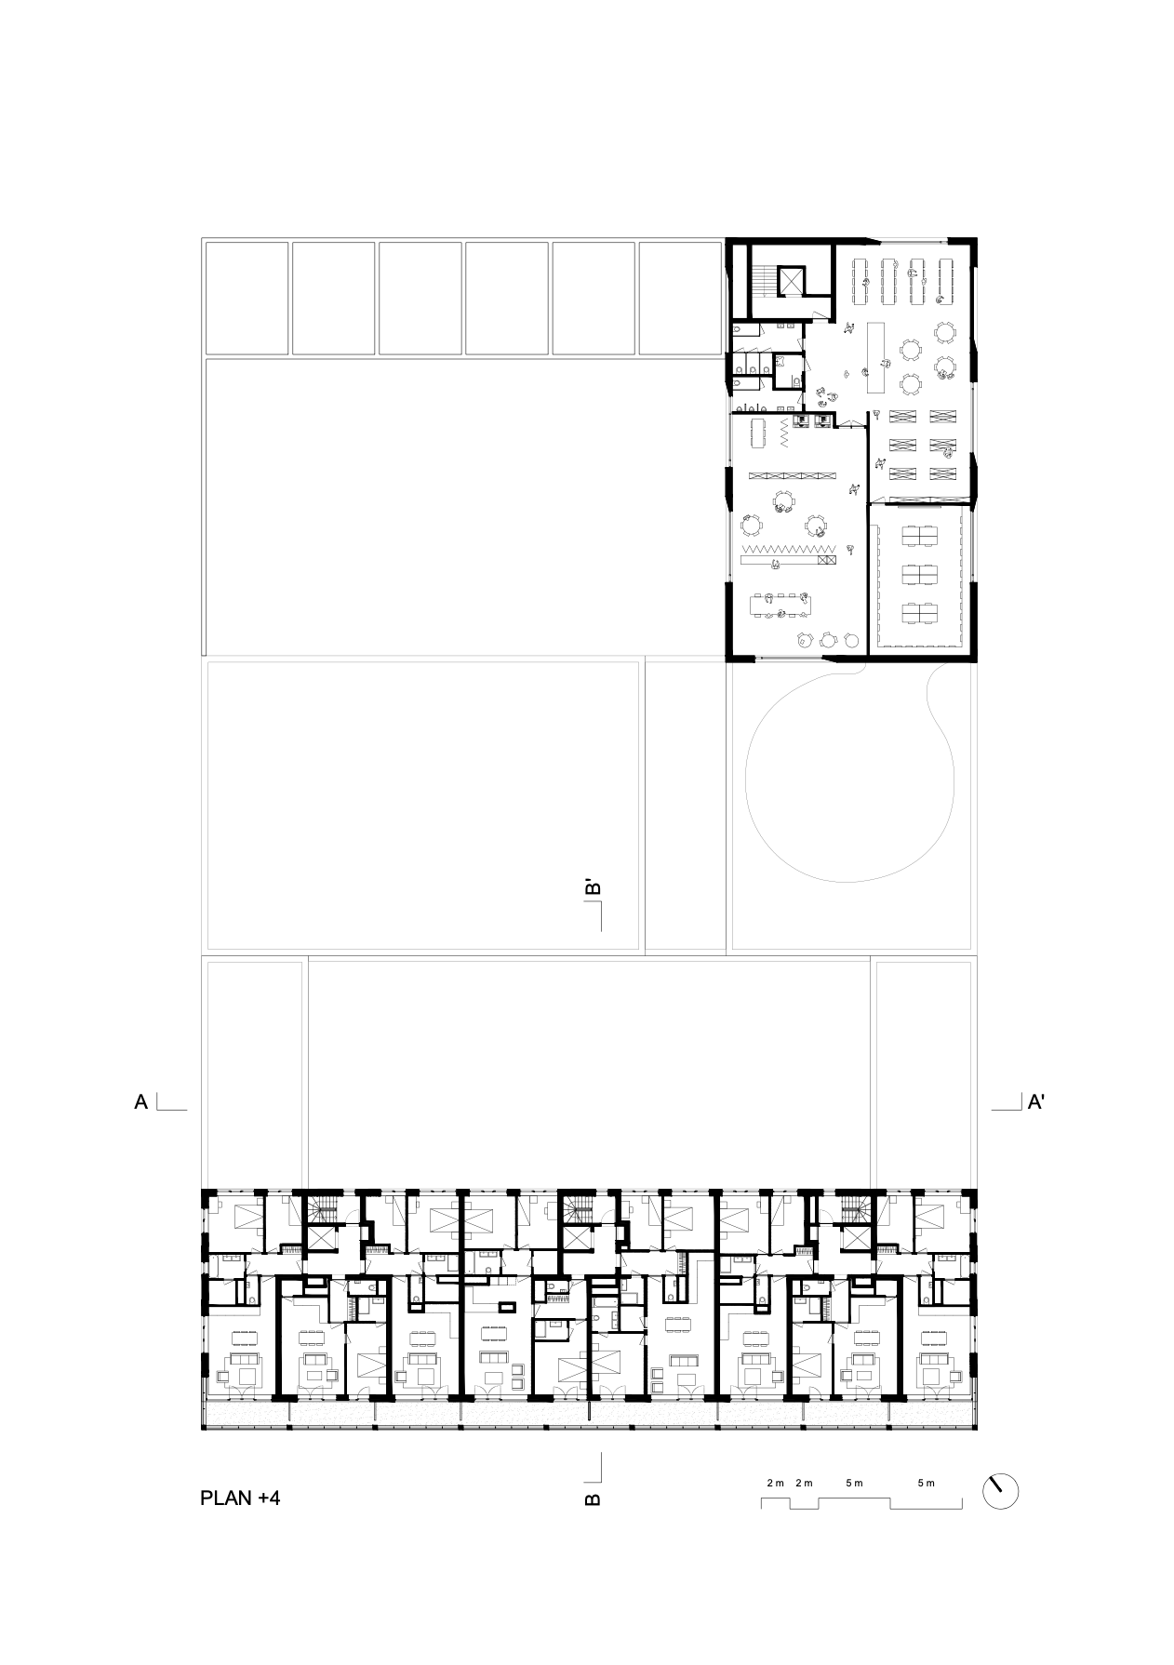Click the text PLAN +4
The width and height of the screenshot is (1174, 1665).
click(240, 1498)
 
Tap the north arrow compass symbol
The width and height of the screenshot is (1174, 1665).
click(1001, 1492)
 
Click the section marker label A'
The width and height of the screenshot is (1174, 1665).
click(1037, 1102)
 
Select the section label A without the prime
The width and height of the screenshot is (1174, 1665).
click(141, 1102)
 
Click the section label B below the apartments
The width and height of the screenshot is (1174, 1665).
click(592, 1498)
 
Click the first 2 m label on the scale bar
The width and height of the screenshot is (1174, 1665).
click(776, 1483)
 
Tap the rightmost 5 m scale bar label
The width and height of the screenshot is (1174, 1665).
click(926, 1483)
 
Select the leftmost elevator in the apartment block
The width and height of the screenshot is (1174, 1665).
click(323, 1240)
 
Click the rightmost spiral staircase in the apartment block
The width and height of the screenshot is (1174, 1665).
click(854, 1210)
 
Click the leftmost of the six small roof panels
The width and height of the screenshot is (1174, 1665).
click(247, 299)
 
